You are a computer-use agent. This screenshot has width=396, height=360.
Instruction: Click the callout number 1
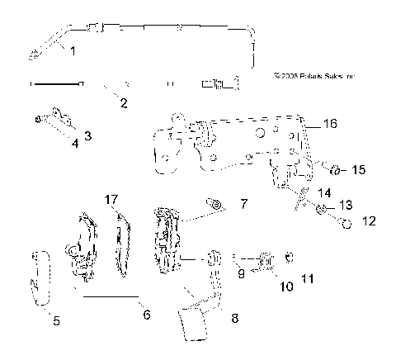[x=73, y=51]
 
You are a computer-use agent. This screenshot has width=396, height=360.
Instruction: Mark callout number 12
[x=368, y=220]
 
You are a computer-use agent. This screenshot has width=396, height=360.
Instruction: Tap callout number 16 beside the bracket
[x=329, y=124]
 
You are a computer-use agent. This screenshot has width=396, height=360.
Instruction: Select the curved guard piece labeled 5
[x=40, y=277]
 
